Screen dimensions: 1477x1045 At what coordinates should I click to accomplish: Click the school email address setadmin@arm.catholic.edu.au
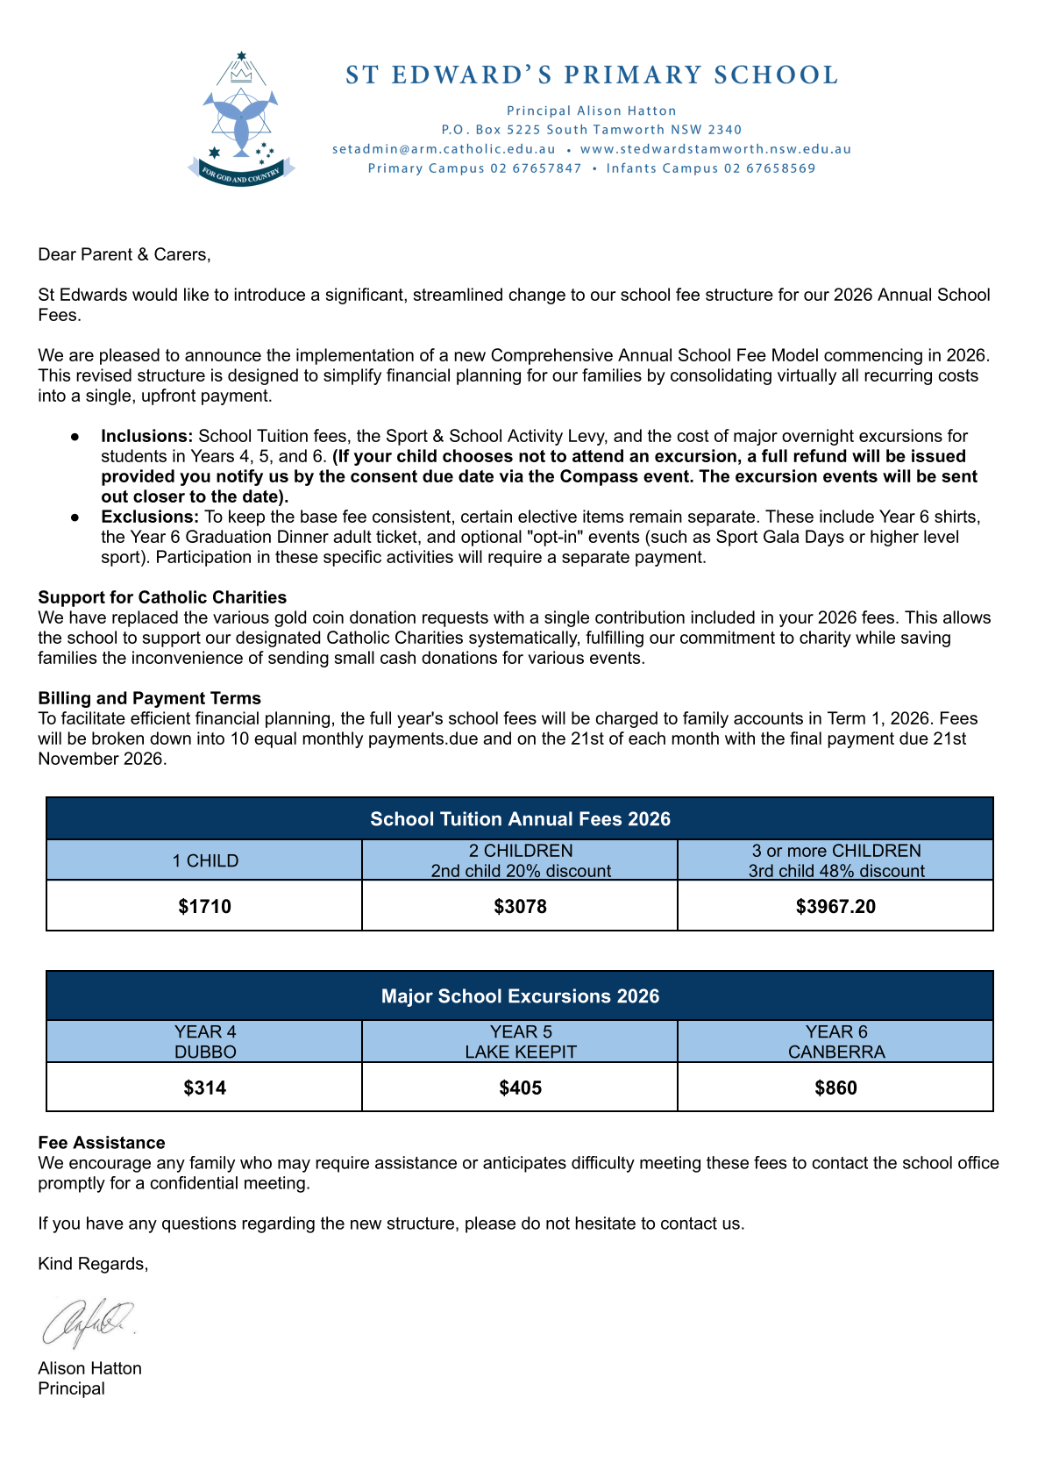click(444, 149)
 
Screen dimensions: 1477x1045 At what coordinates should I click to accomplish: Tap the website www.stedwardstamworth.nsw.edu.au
click(715, 149)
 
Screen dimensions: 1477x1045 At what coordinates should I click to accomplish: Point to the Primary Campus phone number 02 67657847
click(536, 168)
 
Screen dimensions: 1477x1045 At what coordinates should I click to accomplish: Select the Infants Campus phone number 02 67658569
click(770, 168)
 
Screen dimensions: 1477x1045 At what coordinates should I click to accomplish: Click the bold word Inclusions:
click(146, 436)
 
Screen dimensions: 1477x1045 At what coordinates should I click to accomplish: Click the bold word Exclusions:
click(150, 517)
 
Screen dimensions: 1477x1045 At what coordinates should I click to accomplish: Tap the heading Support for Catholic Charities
click(162, 597)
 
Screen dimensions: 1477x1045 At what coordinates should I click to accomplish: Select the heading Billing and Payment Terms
click(149, 698)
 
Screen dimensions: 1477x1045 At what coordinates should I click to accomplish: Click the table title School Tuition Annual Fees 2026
click(520, 819)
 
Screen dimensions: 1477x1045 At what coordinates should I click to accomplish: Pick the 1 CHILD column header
click(205, 860)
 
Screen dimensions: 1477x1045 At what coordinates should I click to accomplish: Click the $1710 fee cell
click(204, 906)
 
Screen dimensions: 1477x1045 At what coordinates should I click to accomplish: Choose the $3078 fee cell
click(520, 906)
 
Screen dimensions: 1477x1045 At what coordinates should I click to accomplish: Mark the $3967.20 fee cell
click(835, 906)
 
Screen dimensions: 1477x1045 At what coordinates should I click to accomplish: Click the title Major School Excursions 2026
click(520, 996)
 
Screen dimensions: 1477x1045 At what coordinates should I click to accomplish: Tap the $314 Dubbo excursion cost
click(204, 1088)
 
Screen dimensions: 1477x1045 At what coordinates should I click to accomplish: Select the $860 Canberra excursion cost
click(835, 1088)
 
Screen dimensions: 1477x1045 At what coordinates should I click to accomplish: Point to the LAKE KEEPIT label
click(521, 1052)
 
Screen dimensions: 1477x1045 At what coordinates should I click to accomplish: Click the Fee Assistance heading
click(102, 1143)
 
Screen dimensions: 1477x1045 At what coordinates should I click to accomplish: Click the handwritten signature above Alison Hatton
click(88, 1321)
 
